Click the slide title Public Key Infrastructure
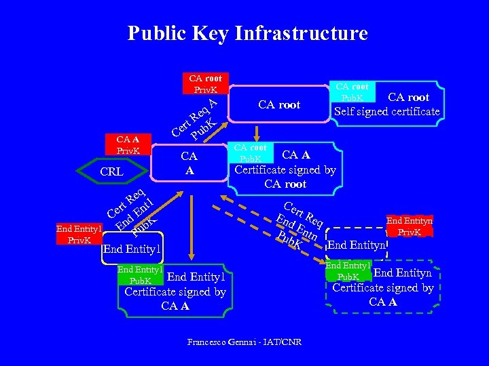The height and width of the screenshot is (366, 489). [x=247, y=33]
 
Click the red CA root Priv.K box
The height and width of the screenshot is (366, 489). [x=205, y=84]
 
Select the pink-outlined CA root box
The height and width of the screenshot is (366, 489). [x=279, y=105]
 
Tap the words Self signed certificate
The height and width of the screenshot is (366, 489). [x=386, y=111]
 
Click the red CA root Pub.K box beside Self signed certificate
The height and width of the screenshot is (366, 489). [x=352, y=92]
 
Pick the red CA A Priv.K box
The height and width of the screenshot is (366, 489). [x=128, y=145]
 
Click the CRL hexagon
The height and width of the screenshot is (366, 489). [x=111, y=171]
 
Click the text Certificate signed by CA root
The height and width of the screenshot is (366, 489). [x=285, y=177]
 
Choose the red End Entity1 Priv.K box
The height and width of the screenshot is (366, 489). [x=79, y=234]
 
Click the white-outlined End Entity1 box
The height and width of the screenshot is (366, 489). [x=132, y=249]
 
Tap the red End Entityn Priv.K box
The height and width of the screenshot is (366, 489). [x=409, y=226]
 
